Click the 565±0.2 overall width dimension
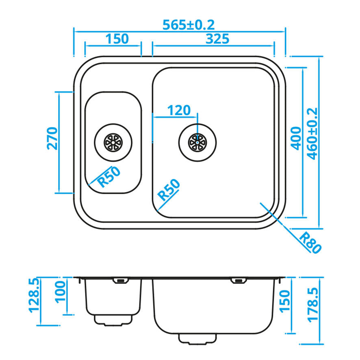pos(188,25)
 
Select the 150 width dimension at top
pos(117,39)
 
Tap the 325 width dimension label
pos(217,39)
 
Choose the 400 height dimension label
pos(296,138)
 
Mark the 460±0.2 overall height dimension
pos(312,134)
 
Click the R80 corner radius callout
pos(311,243)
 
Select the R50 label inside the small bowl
pos(109,177)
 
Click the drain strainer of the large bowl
pos(197,142)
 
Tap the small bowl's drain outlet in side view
pos(114,319)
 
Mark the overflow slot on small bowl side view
pos(120,280)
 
